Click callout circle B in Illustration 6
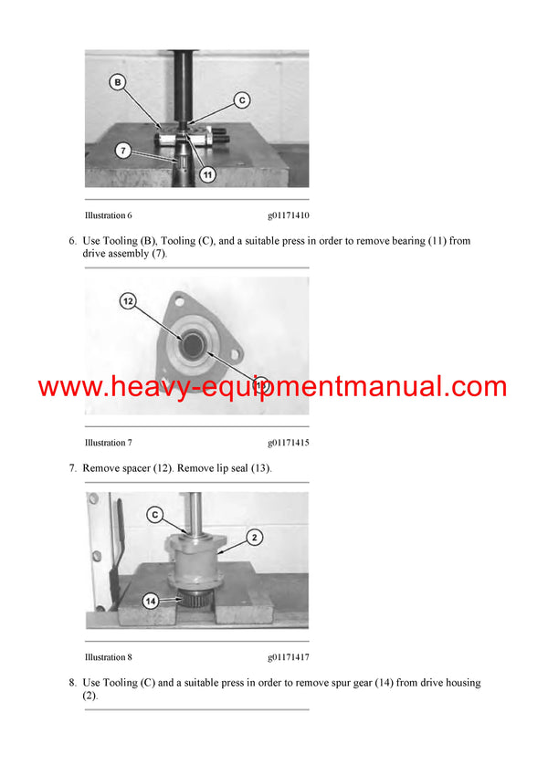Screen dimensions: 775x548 (117, 83)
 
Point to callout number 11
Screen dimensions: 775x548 (207, 173)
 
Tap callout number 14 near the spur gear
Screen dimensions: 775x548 (150, 600)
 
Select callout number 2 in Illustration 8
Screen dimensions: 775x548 (256, 539)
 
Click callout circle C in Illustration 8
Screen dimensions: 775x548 (156, 515)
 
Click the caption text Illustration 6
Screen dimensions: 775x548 (108, 215)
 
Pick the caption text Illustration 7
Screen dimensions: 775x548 (108, 443)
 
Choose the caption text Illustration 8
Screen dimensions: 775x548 (108, 657)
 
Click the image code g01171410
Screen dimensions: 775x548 (289, 215)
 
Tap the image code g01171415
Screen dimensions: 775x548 (289, 443)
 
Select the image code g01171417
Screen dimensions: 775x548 (289, 657)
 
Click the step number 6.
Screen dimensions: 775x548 (72, 241)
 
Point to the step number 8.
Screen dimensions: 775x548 (72, 683)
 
